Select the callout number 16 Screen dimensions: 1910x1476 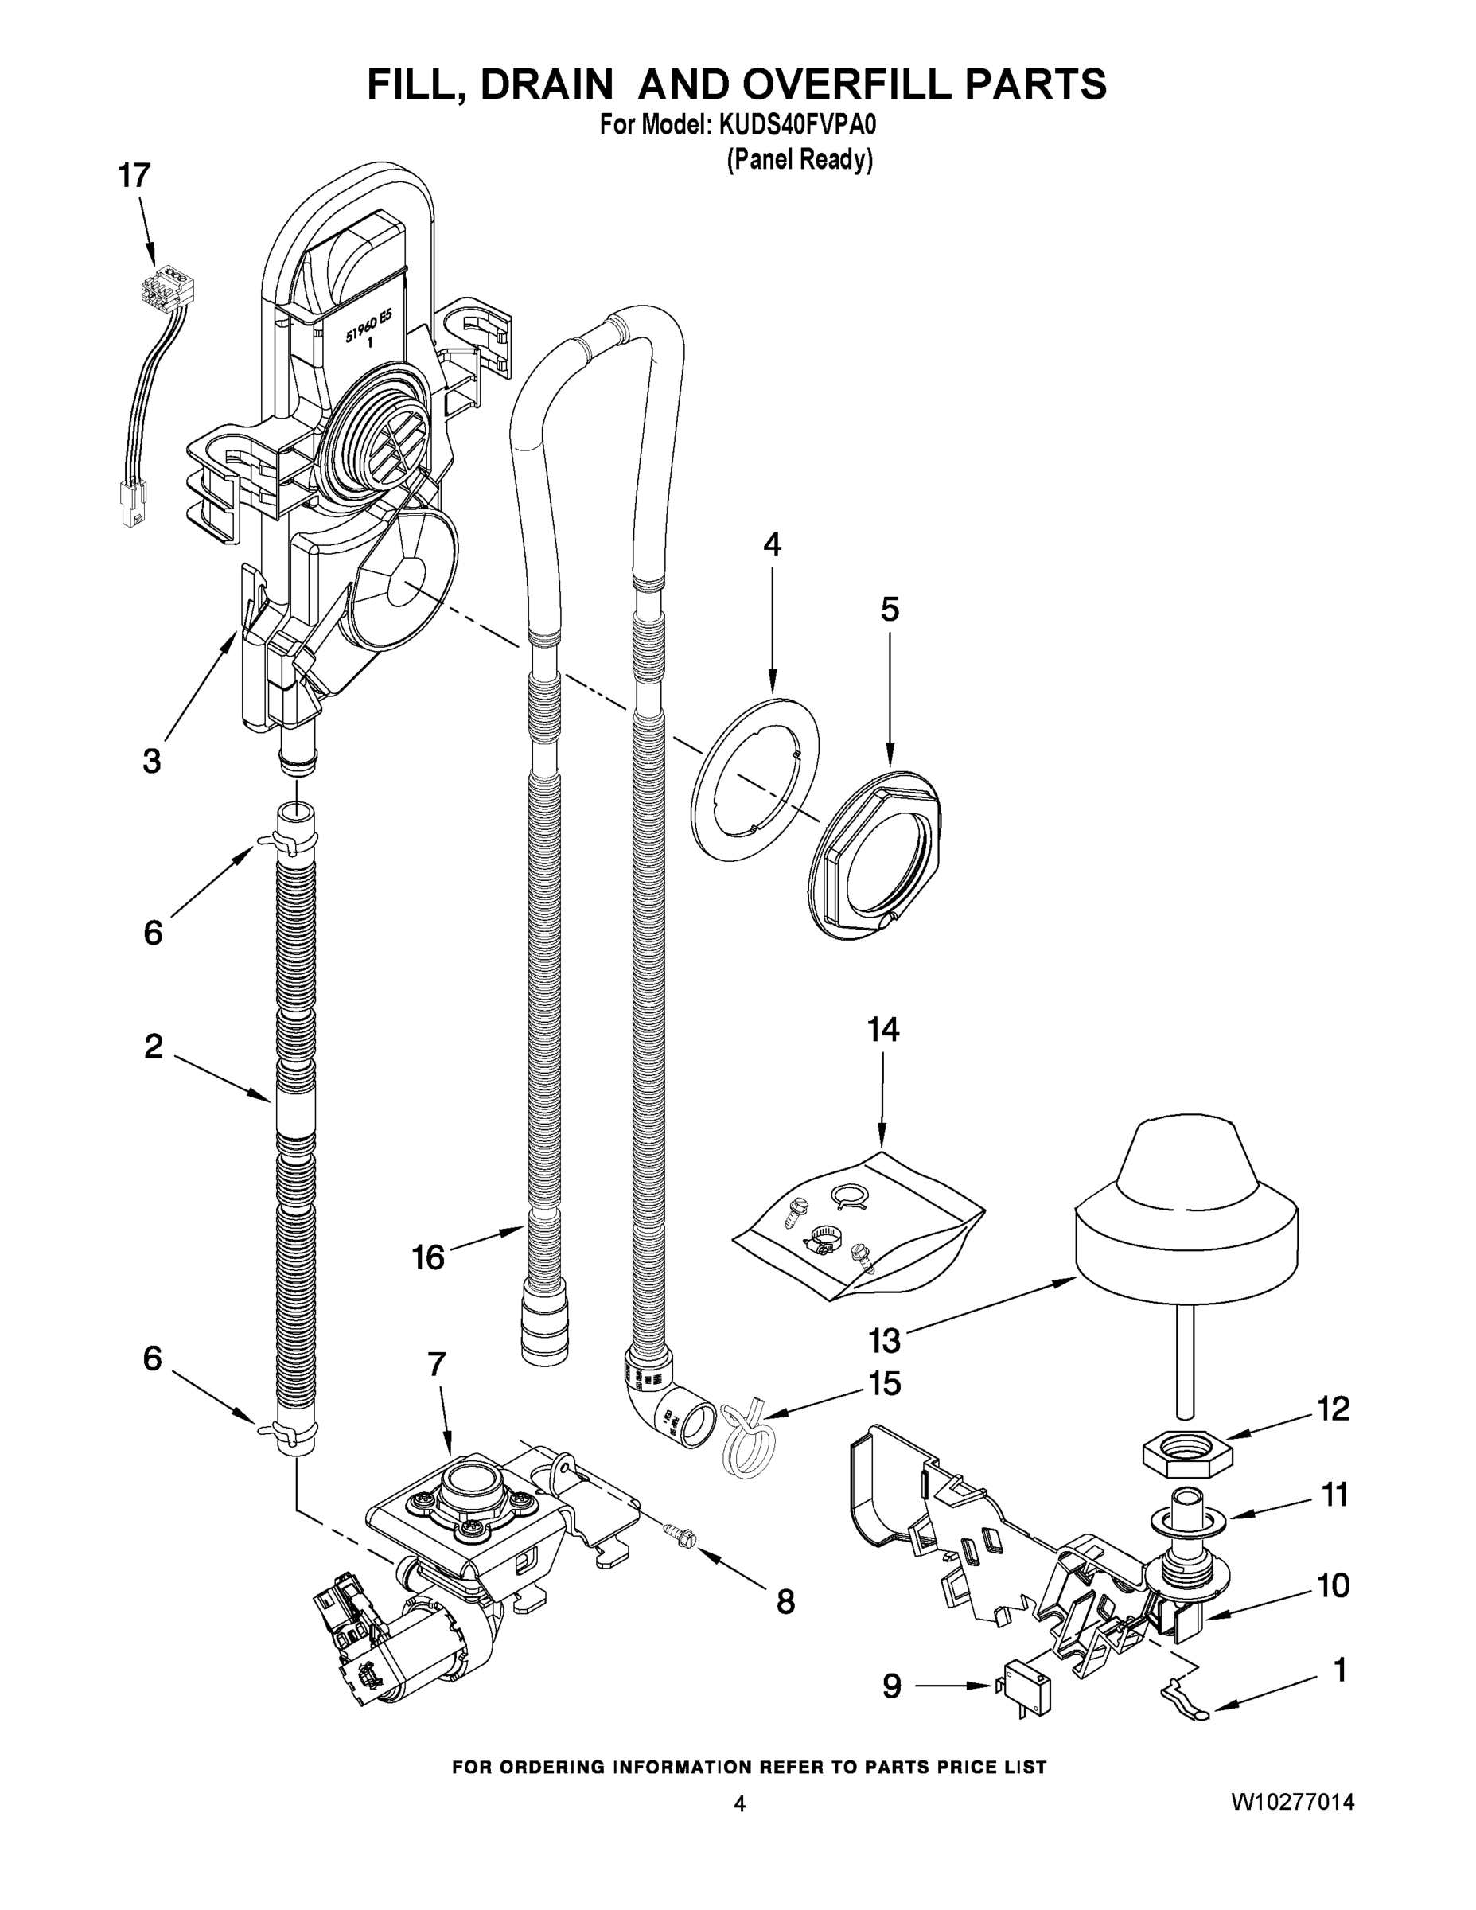pos(428,1257)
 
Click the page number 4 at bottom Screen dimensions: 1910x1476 pos(740,1803)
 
